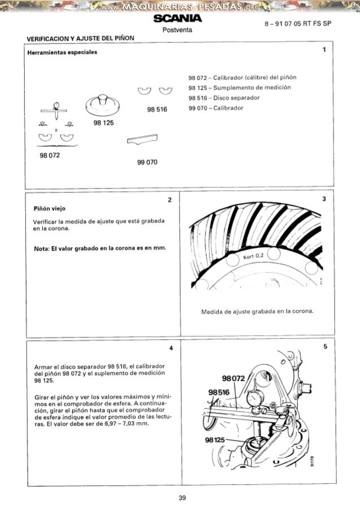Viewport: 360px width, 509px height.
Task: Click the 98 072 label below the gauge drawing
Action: coord(50,153)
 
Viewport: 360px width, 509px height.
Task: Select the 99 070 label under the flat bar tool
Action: coord(147,163)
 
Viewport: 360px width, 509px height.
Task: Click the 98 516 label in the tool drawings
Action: coord(157,109)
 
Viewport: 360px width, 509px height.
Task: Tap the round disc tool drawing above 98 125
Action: coord(104,106)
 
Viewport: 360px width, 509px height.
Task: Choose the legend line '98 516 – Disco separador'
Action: coord(216,98)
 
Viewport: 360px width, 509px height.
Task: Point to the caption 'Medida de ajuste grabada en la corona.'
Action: coord(257,311)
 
